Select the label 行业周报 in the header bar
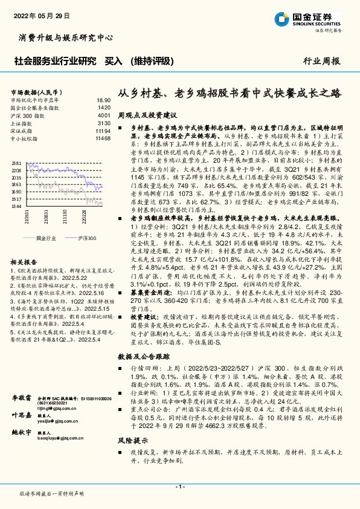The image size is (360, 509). [321, 61]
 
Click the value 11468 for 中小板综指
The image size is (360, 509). [103, 138]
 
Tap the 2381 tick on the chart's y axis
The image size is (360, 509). [16, 163]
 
